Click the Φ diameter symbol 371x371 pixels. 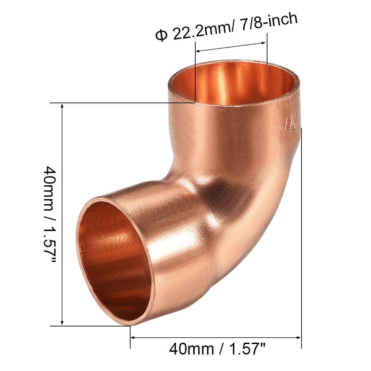pos(161,35)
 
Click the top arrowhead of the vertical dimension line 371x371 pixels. pos(62,106)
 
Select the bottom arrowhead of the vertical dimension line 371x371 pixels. pos(62,323)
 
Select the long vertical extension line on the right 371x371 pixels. pos(301,236)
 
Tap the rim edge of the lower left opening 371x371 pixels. pos(78,250)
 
